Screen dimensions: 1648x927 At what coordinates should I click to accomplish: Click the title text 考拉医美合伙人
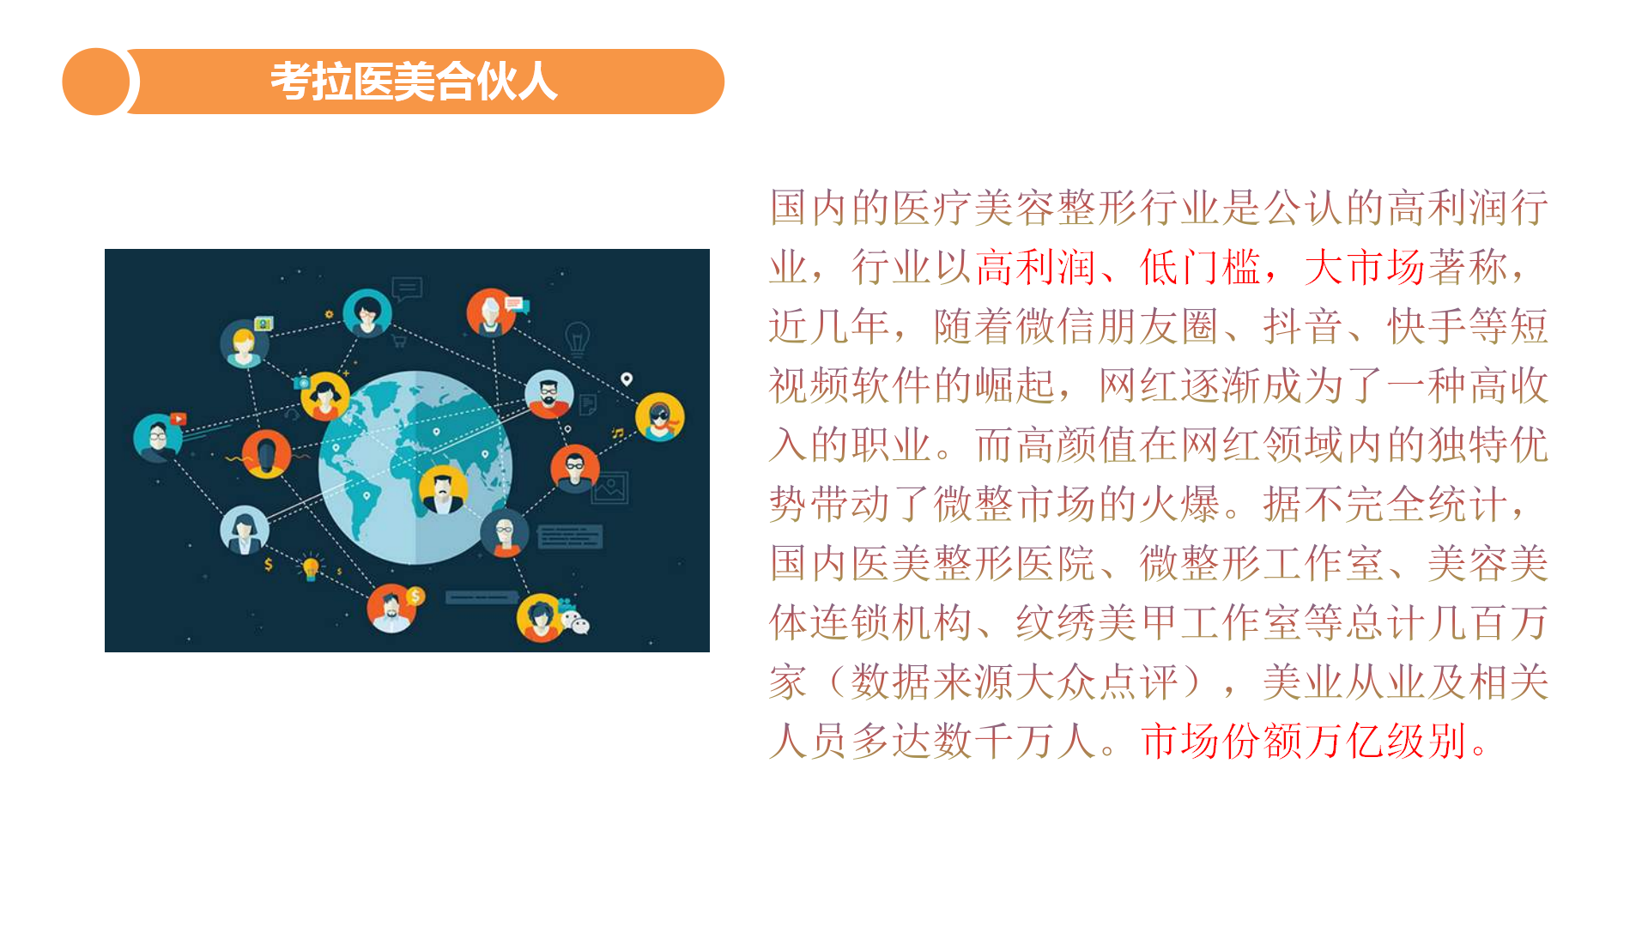tap(414, 82)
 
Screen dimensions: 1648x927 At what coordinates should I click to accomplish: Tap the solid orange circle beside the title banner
tap(96, 82)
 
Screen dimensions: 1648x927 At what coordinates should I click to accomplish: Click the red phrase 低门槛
tap(1200, 267)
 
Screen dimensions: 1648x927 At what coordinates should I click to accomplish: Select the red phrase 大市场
tap(1365, 267)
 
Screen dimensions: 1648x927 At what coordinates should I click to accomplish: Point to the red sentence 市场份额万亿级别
tap(1304, 741)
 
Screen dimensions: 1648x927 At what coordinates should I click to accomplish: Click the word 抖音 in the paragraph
tap(1303, 326)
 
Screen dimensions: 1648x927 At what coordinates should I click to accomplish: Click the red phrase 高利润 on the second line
tap(1035, 267)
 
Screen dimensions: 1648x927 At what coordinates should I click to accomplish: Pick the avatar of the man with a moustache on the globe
tap(443, 490)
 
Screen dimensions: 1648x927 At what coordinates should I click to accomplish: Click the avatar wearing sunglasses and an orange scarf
tap(659, 416)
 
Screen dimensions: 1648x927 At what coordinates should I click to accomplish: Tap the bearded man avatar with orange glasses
tap(549, 394)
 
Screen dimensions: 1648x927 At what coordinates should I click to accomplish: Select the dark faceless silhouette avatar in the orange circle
tap(266, 454)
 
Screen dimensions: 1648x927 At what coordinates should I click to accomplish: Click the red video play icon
tap(178, 419)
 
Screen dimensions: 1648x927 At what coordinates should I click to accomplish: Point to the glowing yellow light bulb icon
tap(311, 567)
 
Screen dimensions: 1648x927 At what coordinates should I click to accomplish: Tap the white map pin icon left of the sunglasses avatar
tap(627, 379)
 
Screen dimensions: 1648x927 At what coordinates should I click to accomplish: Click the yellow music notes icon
tap(617, 433)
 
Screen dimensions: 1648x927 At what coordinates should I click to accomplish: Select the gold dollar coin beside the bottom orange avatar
tap(415, 596)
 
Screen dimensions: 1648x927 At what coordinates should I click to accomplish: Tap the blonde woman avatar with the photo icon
tap(245, 343)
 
